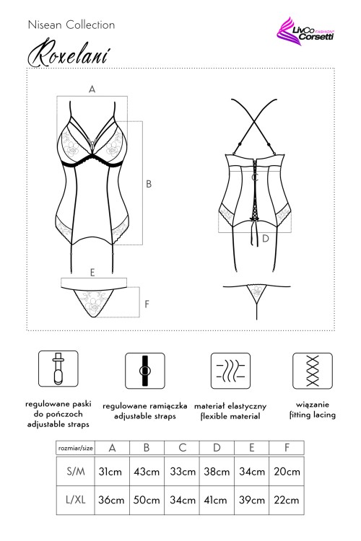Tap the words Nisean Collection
[71, 25]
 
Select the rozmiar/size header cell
[76, 448]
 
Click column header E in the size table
[252, 448]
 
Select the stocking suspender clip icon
[57, 369]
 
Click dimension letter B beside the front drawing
[149, 184]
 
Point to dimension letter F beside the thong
[147, 304]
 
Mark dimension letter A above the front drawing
[92, 89]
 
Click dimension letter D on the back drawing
[265, 237]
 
